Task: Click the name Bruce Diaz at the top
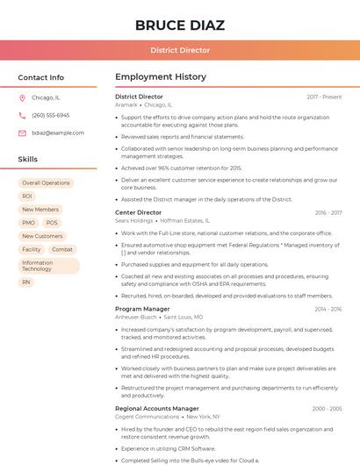180,25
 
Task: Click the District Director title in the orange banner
180,50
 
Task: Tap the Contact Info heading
41,77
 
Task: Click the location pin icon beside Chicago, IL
22,98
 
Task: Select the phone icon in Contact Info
22,115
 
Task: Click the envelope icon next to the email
22,132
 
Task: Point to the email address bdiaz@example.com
58,132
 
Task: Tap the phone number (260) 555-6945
51,115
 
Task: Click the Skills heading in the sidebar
28,159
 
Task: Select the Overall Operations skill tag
46,183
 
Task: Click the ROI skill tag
27,197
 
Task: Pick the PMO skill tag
29,223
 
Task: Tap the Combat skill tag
62,249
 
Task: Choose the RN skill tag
26,283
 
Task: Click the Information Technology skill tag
48,266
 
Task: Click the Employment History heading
161,77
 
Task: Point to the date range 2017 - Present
324,97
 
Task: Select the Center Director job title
138,212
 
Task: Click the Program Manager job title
142,309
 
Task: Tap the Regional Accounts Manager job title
157,408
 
